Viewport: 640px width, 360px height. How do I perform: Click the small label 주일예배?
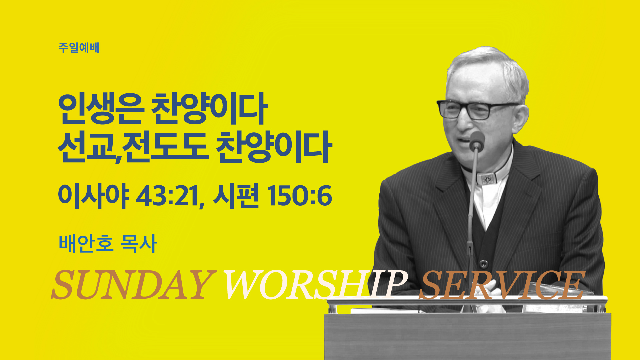coord(79,48)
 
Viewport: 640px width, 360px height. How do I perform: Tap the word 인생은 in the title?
coord(101,108)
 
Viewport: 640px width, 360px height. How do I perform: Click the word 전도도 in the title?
coord(165,147)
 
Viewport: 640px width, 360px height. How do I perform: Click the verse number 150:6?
coord(299,196)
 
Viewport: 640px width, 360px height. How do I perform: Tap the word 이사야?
coord(93,196)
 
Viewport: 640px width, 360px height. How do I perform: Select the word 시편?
coord(236,196)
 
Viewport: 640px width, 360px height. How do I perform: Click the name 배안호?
coord(86,243)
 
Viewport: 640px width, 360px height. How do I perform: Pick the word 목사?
coord(139,243)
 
